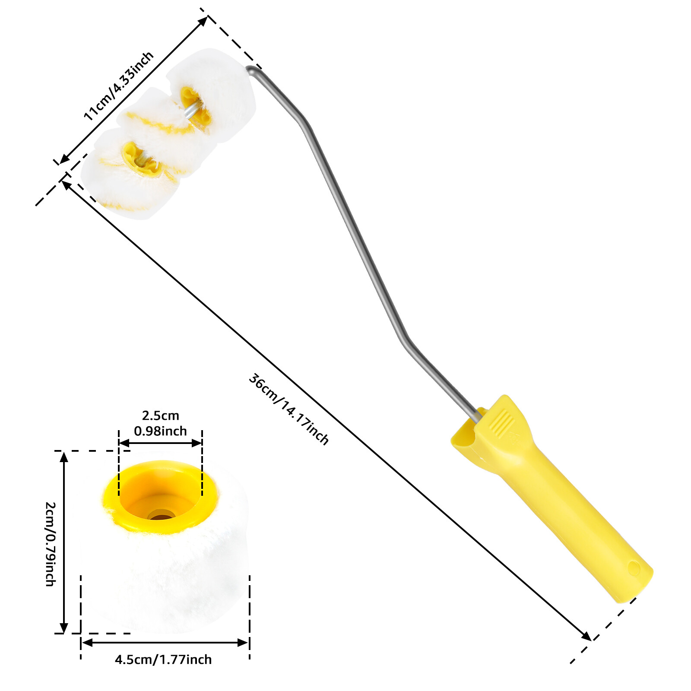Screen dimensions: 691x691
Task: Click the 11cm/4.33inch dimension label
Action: click(x=118, y=86)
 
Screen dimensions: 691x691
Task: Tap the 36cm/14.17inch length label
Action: click(x=288, y=409)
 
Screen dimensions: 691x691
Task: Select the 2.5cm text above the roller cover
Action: click(x=161, y=415)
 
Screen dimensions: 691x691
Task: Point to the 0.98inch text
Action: click(x=161, y=431)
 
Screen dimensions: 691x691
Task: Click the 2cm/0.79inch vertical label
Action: click(x=51, y=544)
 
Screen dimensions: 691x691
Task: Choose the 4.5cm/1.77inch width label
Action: click(x=163, y=659)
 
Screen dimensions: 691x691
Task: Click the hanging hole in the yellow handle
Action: click(x=634, y=568)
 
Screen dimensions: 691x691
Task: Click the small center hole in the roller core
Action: click(x=161, y=515)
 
